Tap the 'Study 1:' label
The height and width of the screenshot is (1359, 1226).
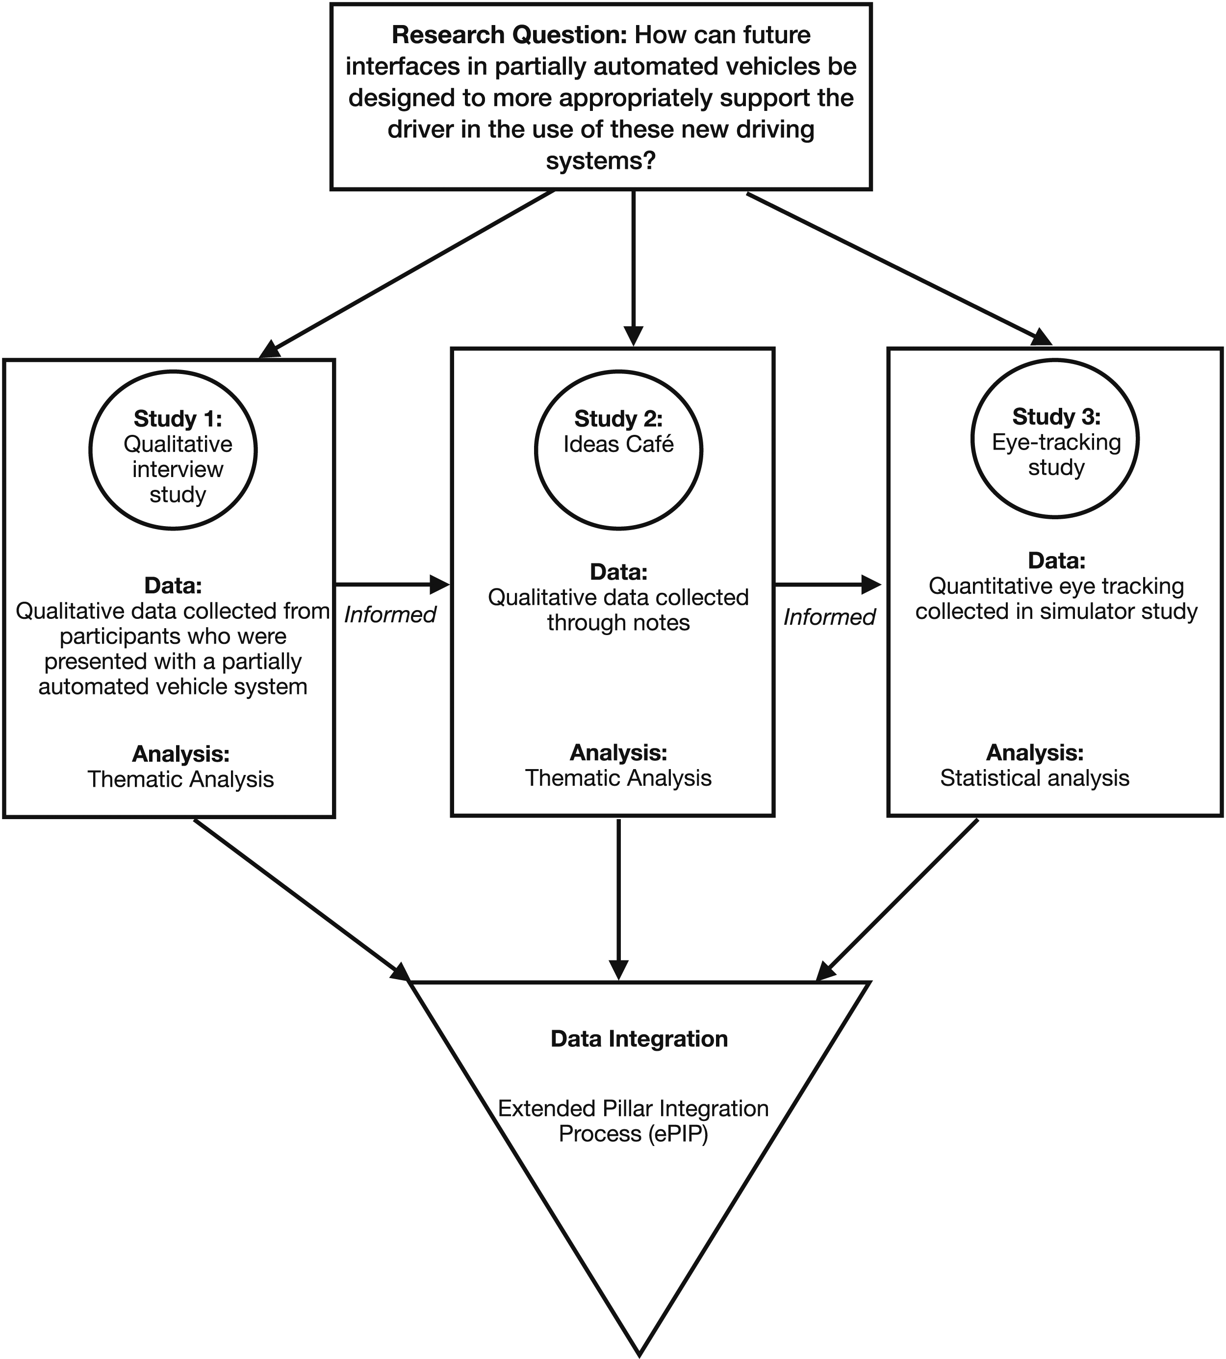[x=178, y=419]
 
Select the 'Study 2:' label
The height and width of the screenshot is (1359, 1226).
[x=618, y=419]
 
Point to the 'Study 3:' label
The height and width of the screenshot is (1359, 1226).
[x=1056, y=417]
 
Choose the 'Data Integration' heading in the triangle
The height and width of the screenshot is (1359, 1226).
[x=639, y=1039]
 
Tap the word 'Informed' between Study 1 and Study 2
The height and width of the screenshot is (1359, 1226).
[x=390, y=615]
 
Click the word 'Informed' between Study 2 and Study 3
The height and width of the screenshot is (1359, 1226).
[x=829, y=617]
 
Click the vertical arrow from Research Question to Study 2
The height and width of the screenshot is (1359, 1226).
[x=633, y=268]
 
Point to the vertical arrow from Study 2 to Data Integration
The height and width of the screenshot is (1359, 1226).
[x=618, y=899]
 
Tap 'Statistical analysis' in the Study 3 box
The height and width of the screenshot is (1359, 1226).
[x=1035, y=778]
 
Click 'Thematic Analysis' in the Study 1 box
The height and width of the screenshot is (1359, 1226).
[x=180, y=780]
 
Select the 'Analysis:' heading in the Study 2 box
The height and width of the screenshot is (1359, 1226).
[x=618, y=752]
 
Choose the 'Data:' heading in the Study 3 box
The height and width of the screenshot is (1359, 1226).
[x=1056, y=561]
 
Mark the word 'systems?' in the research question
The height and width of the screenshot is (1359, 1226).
[x=600, y=162]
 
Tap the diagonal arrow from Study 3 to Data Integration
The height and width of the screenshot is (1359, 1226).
[x=896, y=900]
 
